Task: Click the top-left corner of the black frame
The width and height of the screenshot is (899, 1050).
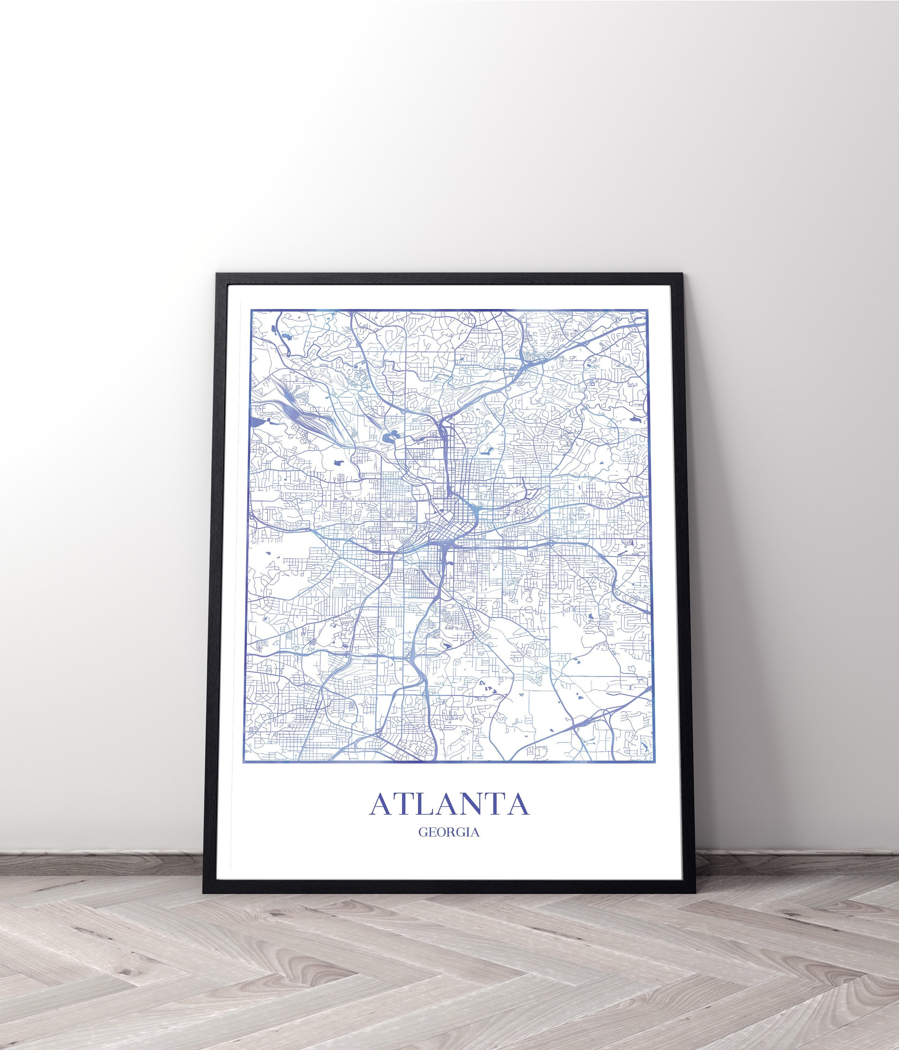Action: [x=217, y=274]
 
